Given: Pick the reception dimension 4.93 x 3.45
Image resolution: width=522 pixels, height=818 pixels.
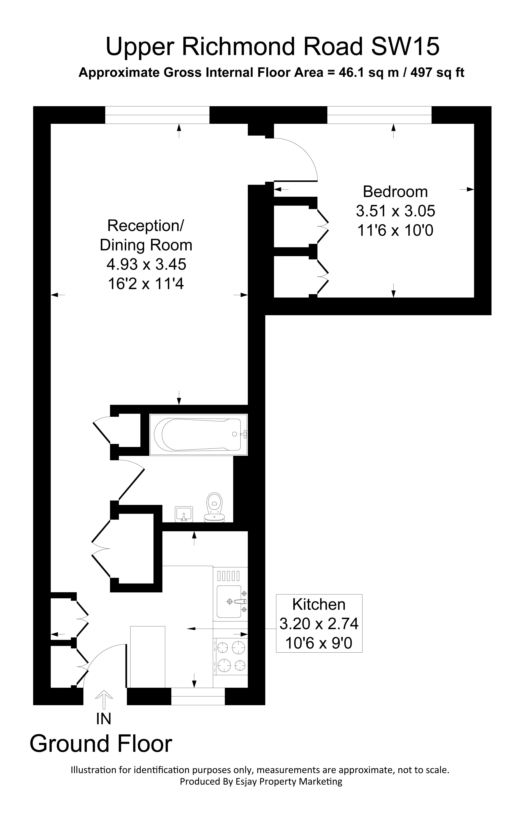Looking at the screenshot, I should click(x=146, y=264).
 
